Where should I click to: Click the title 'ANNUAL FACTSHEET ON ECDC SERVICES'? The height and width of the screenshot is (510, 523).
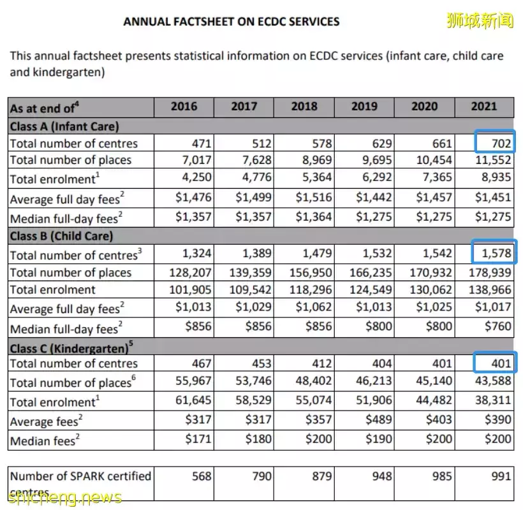tap(231, 22)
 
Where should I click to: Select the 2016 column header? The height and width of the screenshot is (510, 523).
tap(184, 106)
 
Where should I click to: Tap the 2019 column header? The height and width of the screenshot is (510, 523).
tap(364, 106)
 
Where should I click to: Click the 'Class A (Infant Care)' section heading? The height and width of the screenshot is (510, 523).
tap(64, 126)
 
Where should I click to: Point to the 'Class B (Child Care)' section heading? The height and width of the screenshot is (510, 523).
tap(61, 237)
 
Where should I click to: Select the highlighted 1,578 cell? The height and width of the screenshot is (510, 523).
tap(496, 254)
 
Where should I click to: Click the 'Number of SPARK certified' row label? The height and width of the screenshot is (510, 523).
tap(80, 476)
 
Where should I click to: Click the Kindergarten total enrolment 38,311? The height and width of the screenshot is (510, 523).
tap(492, 401)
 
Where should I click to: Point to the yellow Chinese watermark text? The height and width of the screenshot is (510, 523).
tap(480, 20)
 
